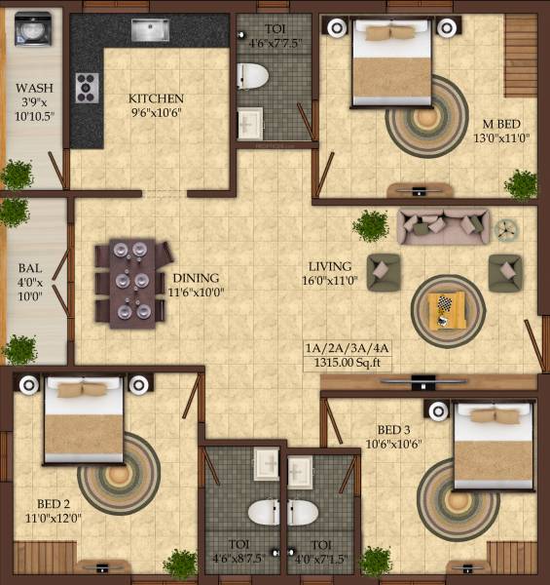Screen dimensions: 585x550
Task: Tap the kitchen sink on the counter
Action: point(150,30)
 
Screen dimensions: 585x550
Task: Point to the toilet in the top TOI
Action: point(253,75)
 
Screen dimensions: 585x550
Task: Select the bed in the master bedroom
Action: point(390,61)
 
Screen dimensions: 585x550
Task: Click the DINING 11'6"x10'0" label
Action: point(196,284)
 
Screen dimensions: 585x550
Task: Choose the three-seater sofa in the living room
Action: point(443,226)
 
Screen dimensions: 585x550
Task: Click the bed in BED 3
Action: point(495,446)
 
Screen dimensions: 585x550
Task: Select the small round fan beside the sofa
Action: point(504,230)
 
